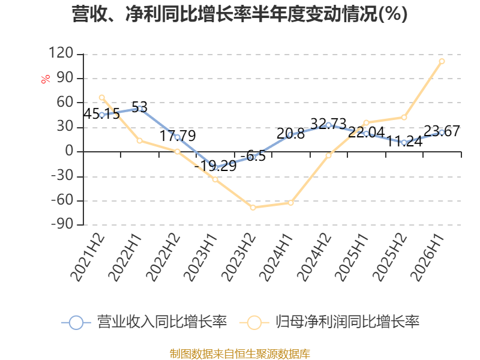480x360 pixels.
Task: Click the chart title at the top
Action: pyautogui.click(x=239, y=14)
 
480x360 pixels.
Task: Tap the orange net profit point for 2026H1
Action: pyautogui.click(x=442, y=61)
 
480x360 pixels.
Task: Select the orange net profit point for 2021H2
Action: pyautogui.click(x=102, y=98)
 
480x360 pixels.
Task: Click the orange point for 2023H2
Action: pyautogui.click(x=253, y=208)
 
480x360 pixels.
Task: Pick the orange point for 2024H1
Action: pyautogui.click(x=291, y=203)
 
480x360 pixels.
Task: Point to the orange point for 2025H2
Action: pyautogui.click(x=404, y=117)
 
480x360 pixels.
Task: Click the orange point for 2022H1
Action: pyautogui.click(x=140, y=140)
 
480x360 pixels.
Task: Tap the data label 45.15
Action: pyautogui.click(x=101, y=114)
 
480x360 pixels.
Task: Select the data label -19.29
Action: pyautogui.click(x=215, y=166)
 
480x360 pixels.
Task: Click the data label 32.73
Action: pyautogui.click(x=328, y=124)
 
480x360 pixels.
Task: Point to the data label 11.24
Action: pyautogui.click(x=404, y=142)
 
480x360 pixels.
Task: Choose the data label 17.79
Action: pyautogui.click(x=178, y=136)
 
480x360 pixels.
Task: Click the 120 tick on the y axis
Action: pyautogui.click(x=61, y=53)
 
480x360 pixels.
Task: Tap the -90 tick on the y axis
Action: pyautogui.click(x=62, y=224)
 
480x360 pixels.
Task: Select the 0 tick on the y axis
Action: pyautogui.click(x=69, y=151)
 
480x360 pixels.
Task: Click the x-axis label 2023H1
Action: pyautogui.click(x=201, y=258)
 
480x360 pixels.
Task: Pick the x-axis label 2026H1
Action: pyautogui.click(x=427, y=258)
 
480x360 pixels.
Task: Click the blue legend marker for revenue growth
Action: pyautogui.click(x=76, y=323)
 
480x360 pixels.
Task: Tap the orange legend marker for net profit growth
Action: pyautogui.click(x=254, y=323)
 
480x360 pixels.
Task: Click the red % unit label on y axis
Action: pyautogui.click(x=46, y=79)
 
